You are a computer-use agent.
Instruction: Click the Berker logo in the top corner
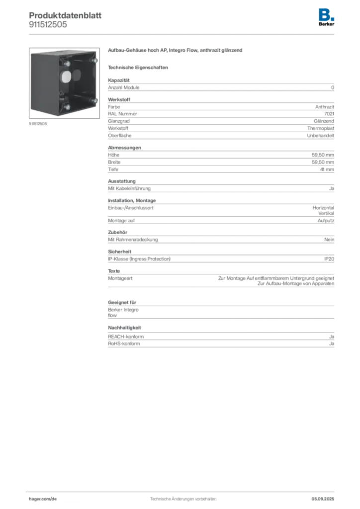(x=326, y=17)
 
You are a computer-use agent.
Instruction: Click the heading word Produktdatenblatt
(x=65, y=15)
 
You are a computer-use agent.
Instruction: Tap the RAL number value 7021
(x=329, y=114)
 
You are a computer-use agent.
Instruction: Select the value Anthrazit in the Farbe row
(x=325, y=106)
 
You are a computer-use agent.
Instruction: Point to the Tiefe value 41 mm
(x=327, y=169)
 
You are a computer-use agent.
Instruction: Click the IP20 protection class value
(x=329, y=258)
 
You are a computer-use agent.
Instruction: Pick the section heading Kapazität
(x=119, y=80)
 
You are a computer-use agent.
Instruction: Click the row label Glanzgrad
(x=119, y=121)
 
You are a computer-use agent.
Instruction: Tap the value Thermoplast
(x=321, y=128)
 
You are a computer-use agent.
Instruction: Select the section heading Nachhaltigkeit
(x=125, y=328)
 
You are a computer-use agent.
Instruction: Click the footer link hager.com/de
(x=43, y=499)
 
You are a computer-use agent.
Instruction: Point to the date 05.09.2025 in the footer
(x=323, y=499)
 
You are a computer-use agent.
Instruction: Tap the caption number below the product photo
(x=38, y=124)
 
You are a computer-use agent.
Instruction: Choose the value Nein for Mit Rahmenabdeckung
(x=329, y=239)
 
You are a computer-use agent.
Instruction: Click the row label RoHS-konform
(x=124, y=343)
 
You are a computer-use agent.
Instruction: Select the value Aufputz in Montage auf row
(x=326, y=220)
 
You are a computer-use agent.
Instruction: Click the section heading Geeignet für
(x=122, y=302)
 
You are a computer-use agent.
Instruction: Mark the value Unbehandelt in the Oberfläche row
(x=321, y=135)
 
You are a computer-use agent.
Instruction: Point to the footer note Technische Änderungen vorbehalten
(x=183, y=499)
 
